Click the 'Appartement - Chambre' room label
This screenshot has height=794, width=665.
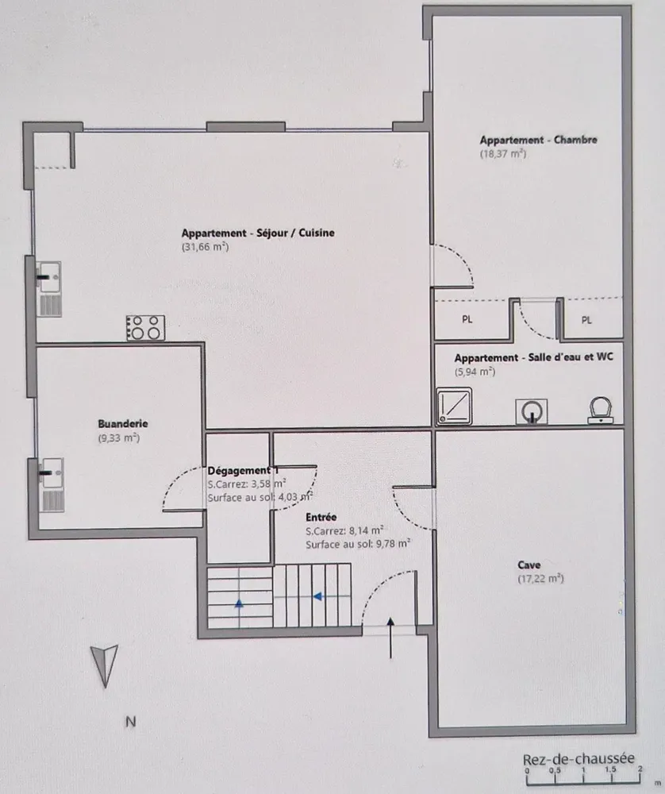point(539,140)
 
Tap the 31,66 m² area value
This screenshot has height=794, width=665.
point(205,247)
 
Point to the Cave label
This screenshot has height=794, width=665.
point(529,565)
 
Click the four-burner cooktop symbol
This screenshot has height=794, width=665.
point(146,328)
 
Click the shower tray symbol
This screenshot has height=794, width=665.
point(455,406)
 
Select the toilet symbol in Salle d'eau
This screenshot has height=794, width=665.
point(601,410)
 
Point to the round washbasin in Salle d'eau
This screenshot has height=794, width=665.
point(532,411)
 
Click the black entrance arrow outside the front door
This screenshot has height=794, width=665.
point(390,638)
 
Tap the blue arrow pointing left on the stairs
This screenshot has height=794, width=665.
point(318,596)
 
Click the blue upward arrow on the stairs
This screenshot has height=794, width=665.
point(239,603)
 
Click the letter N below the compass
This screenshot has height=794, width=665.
point(131,722)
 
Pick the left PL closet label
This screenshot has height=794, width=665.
point(467,319)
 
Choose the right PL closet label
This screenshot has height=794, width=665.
point(586,320)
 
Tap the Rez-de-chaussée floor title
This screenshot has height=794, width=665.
point(579,759)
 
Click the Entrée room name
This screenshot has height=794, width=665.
point(321,517)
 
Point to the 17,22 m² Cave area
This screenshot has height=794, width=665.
point(540,578)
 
